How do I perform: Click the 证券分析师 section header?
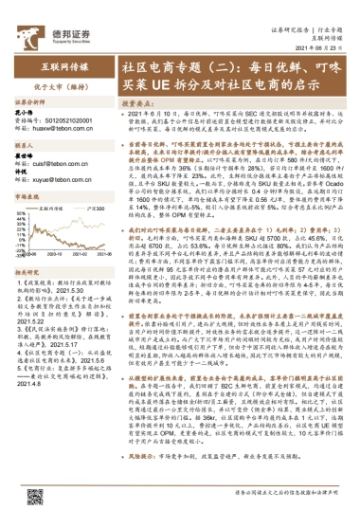coord(27,100)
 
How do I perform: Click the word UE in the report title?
coord(166,84)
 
